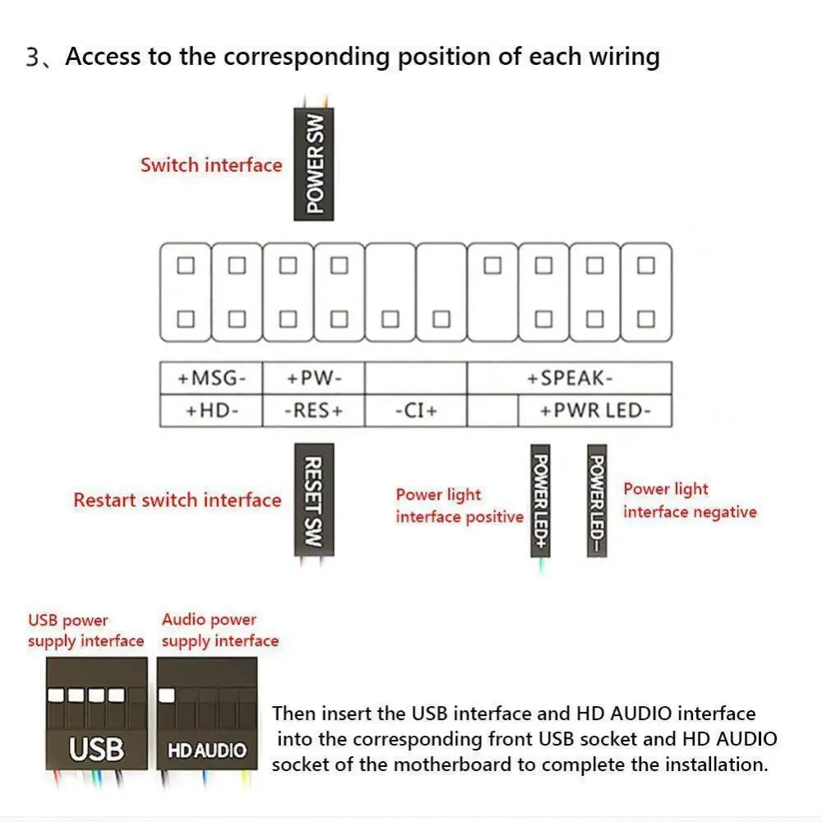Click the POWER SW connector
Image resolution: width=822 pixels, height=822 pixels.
(x=314, y=164)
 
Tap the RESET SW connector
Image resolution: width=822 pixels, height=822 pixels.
(x=314, y=500)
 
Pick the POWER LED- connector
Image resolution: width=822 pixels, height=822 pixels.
(x=597, y=500)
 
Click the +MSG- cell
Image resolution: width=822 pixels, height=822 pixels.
(x=211, y=378)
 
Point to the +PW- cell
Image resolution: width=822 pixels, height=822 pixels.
(x=313, y=378)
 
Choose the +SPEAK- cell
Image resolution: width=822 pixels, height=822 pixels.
(x=570, y=378)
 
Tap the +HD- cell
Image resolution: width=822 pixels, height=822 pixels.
(x=211, y=410)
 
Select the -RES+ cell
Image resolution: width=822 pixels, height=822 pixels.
(x=313, y=410)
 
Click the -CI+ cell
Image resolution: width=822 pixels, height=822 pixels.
(x=415, y=410)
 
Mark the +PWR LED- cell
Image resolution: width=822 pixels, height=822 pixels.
(x=594, y=410)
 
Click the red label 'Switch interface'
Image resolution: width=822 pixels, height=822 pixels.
(x=211, y=165)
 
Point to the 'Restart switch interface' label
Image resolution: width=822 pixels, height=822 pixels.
(x=177, y=501)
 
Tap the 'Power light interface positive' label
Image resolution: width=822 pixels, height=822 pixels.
(x=459, y=506)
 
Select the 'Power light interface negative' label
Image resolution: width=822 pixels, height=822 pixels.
(x=689, y=501)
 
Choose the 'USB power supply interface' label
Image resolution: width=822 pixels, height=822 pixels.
(x=85, y=630)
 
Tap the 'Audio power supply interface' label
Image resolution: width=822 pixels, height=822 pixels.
(x=219, y=630)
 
